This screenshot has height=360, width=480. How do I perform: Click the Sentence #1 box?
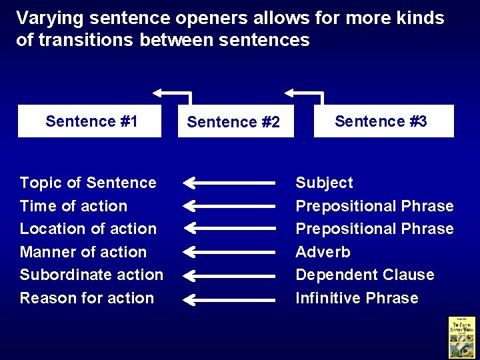pyautogui.click(x=89, y=121)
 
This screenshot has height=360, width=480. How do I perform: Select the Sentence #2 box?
pyautogui.click(x=235, y=122)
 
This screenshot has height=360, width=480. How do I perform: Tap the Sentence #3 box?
pyautogui.click(x=383, y=121)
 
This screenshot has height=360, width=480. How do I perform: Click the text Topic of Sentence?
pyautogui.click(x=88, y=183)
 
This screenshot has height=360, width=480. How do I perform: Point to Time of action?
pyautogui.click(x=73, y=206)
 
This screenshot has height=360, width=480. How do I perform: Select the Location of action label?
pyautogui.click(x=88, y=229)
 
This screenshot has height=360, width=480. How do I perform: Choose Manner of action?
pyautogui.click(x=83, y=252)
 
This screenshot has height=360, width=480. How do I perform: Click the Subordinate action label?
pyautogui.click(x=91, y=275)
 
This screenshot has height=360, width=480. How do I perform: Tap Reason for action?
pyautogui.click(x=87, y=298)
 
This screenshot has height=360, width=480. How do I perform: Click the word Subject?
pyautogui.click(x=324, y=183)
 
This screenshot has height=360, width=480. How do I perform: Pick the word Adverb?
pyautogui.click(x=323, y=252)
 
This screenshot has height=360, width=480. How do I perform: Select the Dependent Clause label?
pyautogui.click(x=365, y=275)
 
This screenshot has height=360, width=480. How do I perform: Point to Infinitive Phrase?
pyautogui.click(x=357, y=298)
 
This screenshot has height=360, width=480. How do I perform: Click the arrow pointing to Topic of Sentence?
pyautogui.click(x=229, y=182)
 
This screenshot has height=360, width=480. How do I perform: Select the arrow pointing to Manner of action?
pyautogui.click(x=229, y=251)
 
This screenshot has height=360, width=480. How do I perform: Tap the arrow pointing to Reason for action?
pyautogui.click(x=229, y=298)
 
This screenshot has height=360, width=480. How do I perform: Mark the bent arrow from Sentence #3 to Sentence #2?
pyautogui.click(x=305, y=93)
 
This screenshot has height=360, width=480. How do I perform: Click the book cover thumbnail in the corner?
pyautogui.click(x=461, y=337)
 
